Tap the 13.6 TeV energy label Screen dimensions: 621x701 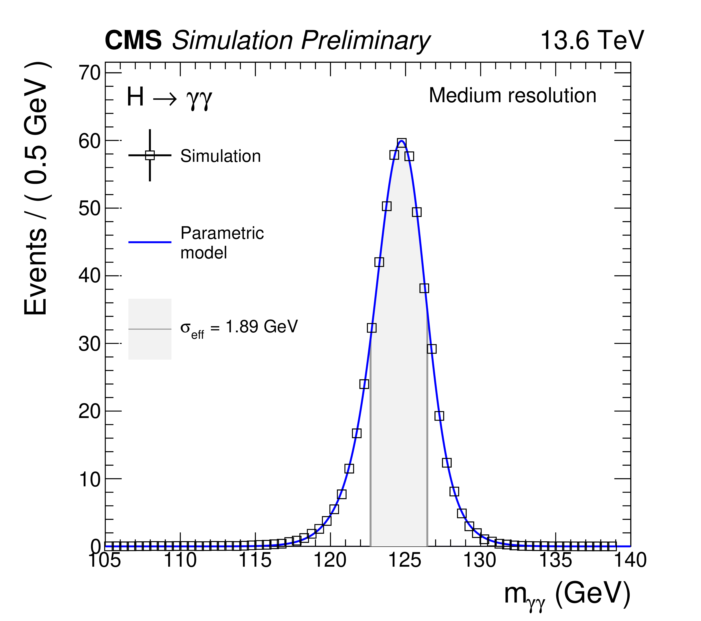(592, 40)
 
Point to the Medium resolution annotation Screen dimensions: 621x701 (512, 95)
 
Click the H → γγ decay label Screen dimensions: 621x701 (170, 97)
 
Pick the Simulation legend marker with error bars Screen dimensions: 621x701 (150, 155)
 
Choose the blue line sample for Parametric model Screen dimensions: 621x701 (150, 242)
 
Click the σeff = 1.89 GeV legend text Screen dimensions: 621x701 (239, 327)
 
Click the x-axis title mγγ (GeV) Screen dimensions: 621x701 (567, 594)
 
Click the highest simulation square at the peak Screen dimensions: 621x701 (402, 143)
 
